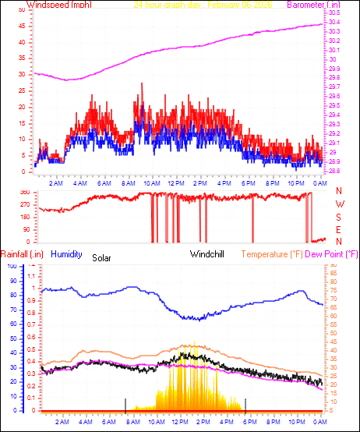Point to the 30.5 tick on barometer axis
(x=334, y=13)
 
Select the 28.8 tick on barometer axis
(x=334, y=171)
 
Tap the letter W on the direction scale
(x=339, y=204)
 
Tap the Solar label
(x=102, y=257)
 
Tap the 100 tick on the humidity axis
(x=11, y=267)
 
